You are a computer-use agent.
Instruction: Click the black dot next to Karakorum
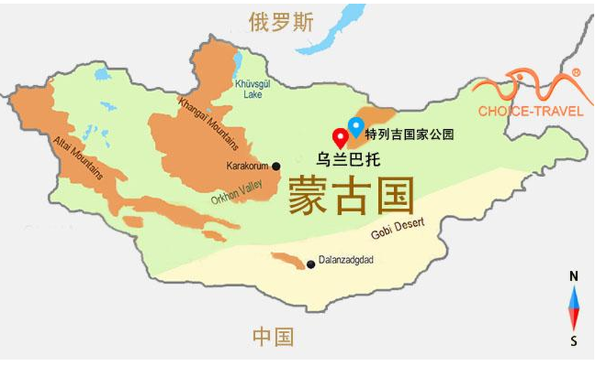click(277, 166)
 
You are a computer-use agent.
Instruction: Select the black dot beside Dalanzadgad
click(311, 264)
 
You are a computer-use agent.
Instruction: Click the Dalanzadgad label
click(346, 260)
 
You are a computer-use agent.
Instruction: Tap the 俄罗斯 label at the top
click(281, 22)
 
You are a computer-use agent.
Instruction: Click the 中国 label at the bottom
click(273, 336)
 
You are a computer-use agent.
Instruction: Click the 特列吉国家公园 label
click(409, 134)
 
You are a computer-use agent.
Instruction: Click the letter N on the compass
click(574, 277)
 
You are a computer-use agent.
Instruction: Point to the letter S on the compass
click(574, 341)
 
